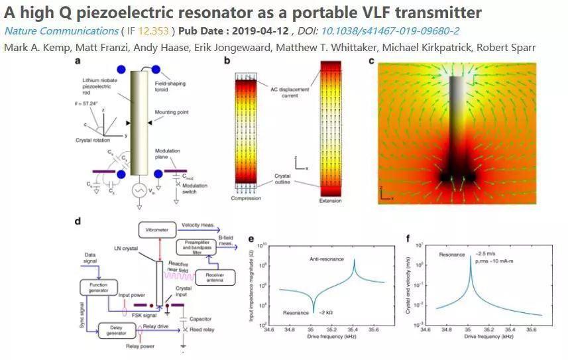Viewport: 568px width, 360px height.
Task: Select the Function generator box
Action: [x=98, y=287]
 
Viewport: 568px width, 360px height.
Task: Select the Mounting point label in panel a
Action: [x=174, y=113]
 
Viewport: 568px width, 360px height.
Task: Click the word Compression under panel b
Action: [x=245, y=198]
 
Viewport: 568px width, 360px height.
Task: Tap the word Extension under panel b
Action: [x=330, y=201]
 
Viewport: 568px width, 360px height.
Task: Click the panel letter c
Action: [x=371, y=62]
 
